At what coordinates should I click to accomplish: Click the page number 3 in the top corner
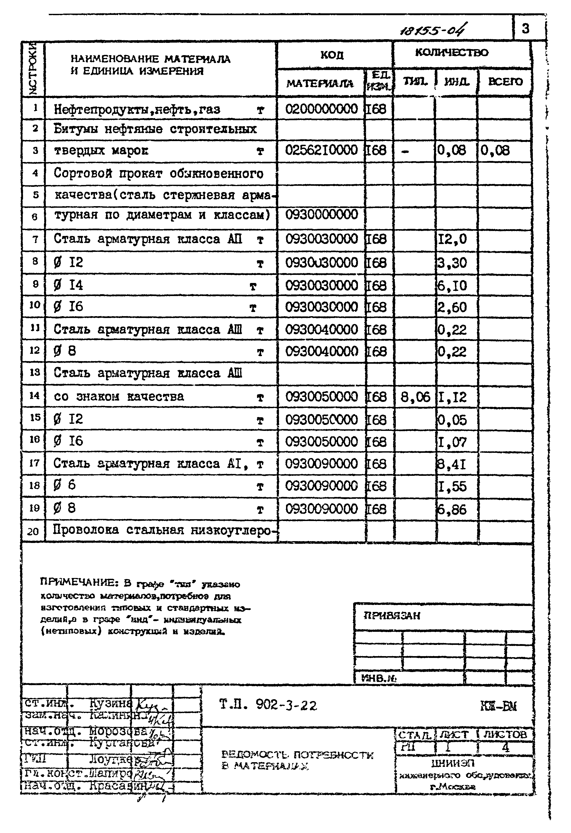pyautogui.click(x=526, y=28)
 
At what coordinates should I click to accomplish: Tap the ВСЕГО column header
pyautogui.click(x=505, y=82)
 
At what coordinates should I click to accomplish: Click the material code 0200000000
pyautogui.click(x=321, y=109)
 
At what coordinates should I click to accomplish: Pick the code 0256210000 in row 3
pyautogui.click(x=321, y=150)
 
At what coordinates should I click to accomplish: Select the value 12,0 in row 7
pyautogui.click(x=452, y=239)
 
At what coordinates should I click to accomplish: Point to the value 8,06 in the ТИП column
pyautogui.click(x=415, y=397)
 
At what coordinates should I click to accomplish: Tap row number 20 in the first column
pyautogui.click(x=33, y=531)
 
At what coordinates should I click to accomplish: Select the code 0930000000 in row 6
pyautogui.click(x=321, y=215)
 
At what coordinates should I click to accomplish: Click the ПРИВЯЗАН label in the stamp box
pyautogui.click(x=392, y=616)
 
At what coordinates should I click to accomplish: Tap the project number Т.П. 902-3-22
pyautogui.click(x=267, y=705)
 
